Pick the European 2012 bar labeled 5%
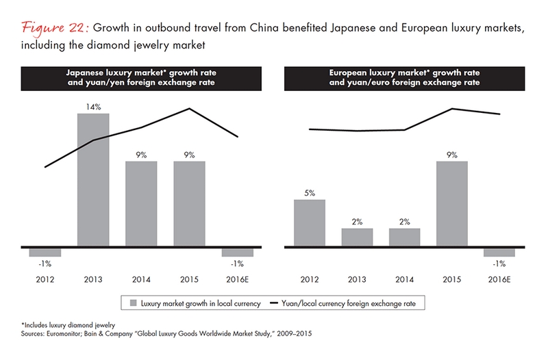coord(310,222)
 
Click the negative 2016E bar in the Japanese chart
coord(238,251)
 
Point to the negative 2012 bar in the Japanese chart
coord(45,251)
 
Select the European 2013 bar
coord(357,237)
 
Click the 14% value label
coord(93,106)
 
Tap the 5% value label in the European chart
coord(310,193)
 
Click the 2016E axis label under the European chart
coord(499,279)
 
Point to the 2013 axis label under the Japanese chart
coord(93,279)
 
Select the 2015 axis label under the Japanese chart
coord(190,279)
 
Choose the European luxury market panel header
coord(404,77)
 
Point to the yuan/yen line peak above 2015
coord(190,109)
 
